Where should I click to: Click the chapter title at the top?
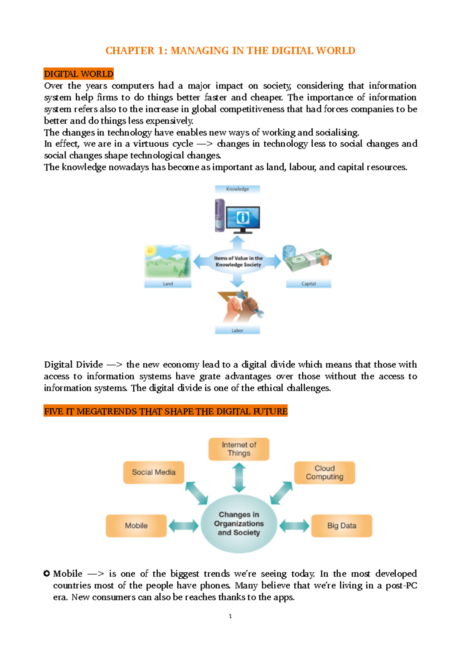(x=230, y=51)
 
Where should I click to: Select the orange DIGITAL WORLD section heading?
(x=79, y=74)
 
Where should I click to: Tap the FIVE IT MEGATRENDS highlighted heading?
(x=166, y=411)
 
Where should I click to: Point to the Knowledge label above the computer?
(x=237, y=189)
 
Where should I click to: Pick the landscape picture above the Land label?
(x=168, y=261)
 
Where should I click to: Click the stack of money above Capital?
(x=307, y=259)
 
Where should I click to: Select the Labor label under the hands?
(x=237, y=330)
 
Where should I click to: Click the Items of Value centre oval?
(x=238, y=262)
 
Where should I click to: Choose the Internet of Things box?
(x=239, y=449)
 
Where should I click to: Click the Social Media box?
(x=154, y=472)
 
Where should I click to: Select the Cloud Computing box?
(x=325, y=472)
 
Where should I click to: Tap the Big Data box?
(x=342, y=526)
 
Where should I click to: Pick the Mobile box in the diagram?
(x=136, y=526)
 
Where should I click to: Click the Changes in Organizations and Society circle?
(x=239, y=524)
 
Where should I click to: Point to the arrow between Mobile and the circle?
(x=184, y=526)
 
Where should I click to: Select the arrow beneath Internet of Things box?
(x=239, y=477)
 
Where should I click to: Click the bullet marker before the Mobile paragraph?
(x=47, y=574)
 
